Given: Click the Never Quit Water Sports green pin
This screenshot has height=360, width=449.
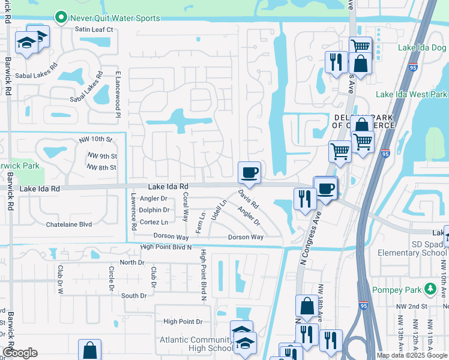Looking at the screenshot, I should click(x=61, y=18).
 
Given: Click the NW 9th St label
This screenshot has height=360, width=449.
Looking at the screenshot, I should click(x=101, y=155).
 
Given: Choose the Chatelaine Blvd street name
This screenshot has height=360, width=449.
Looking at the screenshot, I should click(x=69, y=224).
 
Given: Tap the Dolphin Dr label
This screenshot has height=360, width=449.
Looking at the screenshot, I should click(x=154, y=210).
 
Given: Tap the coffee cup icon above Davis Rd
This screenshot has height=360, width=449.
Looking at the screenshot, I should click(x=249, y=173).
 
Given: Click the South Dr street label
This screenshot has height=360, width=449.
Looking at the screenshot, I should click(x=134, y=296).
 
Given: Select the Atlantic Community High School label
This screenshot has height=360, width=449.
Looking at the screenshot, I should click(x=196, y=344).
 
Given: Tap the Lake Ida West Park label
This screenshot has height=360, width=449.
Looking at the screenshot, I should click(x=411, y=94).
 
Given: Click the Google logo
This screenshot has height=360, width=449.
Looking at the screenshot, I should click(x=19, y=353).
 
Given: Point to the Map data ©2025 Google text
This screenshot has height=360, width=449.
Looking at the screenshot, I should click(x=412, y=355).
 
